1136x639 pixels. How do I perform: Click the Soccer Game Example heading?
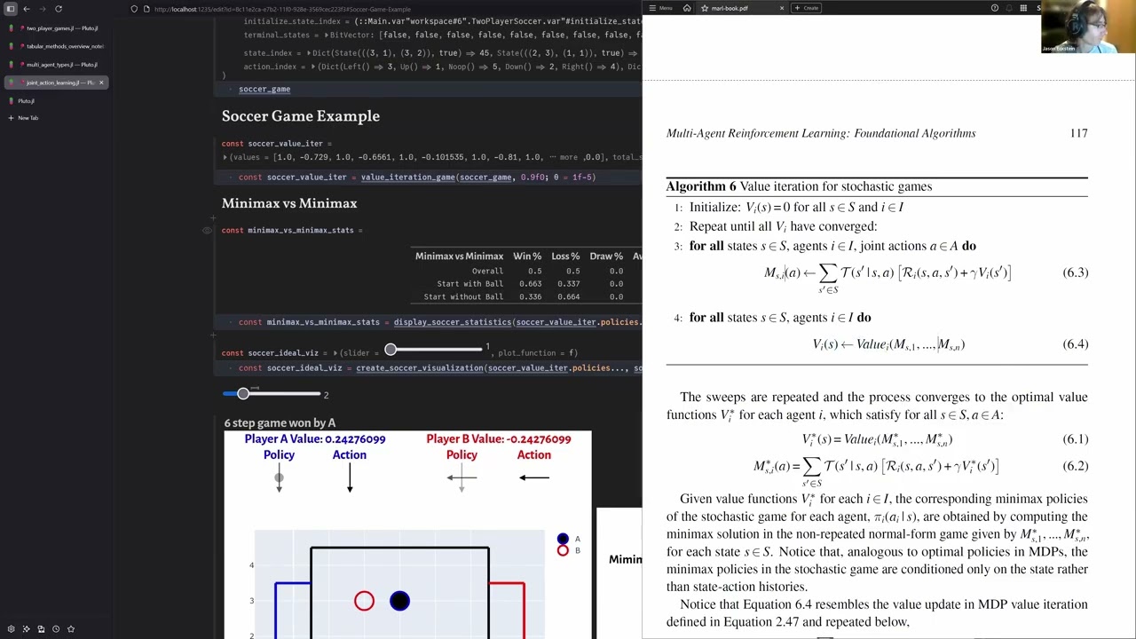click(x=300, y=116)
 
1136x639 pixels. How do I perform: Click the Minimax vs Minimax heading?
click(x=289, y=203)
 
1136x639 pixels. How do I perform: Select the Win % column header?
click(x=527, y=256)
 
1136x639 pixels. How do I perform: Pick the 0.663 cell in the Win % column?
click(x=530, y=284)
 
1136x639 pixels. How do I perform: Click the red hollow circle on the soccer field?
click(x=364, y=602)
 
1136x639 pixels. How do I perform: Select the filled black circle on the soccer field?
click(x=399, y=602)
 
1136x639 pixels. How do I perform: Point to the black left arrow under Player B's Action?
click(x=533, y=477)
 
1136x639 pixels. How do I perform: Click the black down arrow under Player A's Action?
click(x=350, y=477)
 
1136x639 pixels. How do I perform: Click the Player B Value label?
click(x=498, y=439)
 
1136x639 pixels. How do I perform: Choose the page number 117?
click(x=1078, y=133)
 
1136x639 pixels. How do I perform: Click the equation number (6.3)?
click(x=1075, y=272)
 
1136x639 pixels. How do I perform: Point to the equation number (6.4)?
click(x=1075, y=344)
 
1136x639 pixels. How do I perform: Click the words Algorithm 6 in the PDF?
click(x=701, y=186)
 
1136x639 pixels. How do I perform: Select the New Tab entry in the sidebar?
click(x=28, y=118)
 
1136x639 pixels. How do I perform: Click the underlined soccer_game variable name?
click(x=264, y=89)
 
